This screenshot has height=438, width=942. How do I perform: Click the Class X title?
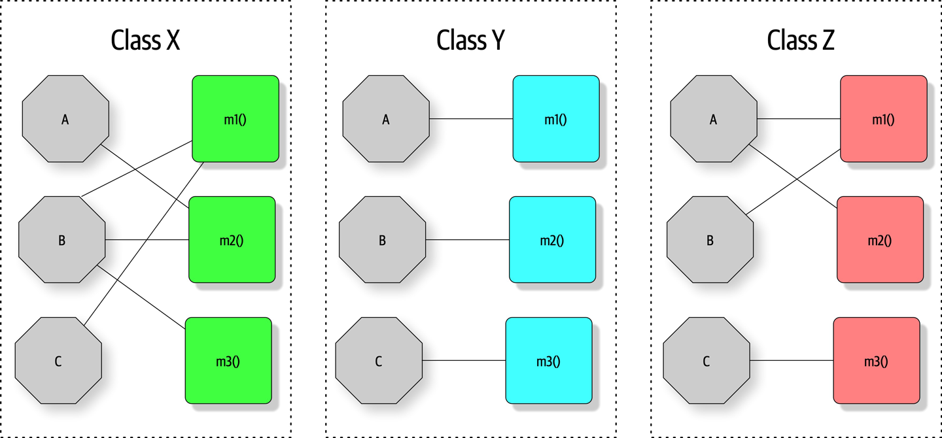pos(145,41)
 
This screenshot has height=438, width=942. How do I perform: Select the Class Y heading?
pos(470,41)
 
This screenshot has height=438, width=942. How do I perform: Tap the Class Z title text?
pos(800,41)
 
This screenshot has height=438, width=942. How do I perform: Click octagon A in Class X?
pos(65,119)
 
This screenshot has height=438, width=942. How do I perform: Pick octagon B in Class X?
pos(61,240)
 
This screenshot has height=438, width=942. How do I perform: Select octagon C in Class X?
pos(58,361)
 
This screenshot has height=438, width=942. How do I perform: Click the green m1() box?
pos(235,119)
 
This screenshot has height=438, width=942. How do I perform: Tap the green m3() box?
pos(228,361)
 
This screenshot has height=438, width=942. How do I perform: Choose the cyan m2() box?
pos(552,240)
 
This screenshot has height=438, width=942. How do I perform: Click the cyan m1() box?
pos(555,119)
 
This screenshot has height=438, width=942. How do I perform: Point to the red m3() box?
pos(876,361)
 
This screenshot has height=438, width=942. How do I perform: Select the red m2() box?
pos(880,240)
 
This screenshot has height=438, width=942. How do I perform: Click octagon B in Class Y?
pos(382,240)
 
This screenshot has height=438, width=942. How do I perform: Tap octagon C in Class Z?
pos(706,361)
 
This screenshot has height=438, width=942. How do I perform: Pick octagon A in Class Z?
pos(713,119)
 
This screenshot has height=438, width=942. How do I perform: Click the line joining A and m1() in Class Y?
pos(471,119)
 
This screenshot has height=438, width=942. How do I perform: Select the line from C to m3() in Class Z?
pos(792,360)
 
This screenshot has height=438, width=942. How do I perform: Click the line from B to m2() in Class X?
pos(147,240)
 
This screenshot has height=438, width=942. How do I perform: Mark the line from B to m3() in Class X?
pos(141,296)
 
